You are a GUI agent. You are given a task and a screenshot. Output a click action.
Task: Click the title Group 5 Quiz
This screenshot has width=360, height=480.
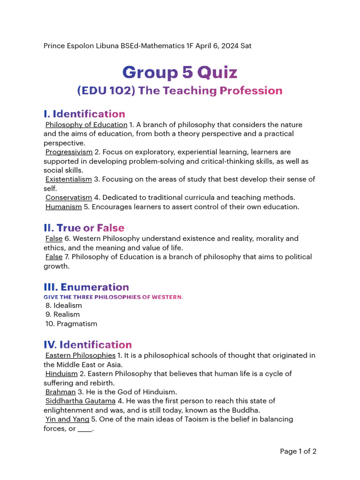[180, 73]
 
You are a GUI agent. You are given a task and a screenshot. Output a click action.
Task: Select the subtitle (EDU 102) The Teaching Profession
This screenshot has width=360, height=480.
[180, 90]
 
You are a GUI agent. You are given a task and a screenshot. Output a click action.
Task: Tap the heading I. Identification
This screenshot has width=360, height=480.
[84, 114]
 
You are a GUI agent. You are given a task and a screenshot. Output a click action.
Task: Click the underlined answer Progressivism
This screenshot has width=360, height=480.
[69, 152]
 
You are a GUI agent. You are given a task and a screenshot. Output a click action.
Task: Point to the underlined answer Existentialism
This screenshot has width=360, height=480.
[68, 179]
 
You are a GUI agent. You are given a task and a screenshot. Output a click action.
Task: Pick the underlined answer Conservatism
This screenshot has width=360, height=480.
[68, 197]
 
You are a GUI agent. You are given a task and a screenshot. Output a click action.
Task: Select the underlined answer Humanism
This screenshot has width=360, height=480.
[63, 207]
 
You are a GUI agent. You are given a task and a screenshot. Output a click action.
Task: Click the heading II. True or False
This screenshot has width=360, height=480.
[84, 228]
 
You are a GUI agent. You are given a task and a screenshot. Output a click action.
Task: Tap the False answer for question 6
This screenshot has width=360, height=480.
[54, 239]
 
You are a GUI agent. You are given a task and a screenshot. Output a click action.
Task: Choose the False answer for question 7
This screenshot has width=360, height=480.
[54, 257]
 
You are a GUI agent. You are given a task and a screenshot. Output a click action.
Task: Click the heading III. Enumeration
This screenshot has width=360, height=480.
[86, 287]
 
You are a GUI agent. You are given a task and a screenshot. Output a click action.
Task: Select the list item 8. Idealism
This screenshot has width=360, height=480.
[64, 306]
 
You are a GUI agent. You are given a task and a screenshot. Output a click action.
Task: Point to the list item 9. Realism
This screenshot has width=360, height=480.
[63, 315]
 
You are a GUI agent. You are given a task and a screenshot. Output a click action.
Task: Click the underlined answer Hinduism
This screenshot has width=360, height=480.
[61, 374]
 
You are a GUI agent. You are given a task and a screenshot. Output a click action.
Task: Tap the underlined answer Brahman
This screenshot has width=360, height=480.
[60, 392]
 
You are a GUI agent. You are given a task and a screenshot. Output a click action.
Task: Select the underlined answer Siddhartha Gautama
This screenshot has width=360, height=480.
[80, 401]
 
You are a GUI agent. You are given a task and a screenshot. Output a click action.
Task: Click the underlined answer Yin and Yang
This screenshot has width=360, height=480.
[67, 419]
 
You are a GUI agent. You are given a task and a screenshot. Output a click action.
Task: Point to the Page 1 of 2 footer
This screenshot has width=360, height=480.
[298, 451]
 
